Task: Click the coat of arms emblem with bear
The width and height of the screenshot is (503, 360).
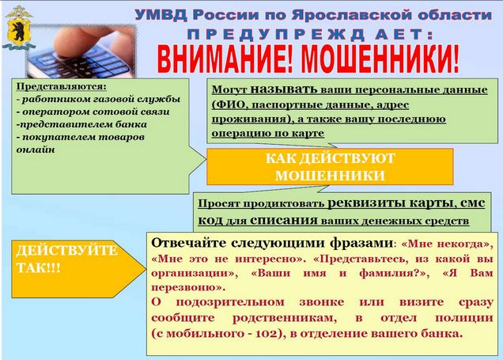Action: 18,28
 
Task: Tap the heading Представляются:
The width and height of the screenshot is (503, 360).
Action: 62,86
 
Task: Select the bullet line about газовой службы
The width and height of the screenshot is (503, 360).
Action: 98,99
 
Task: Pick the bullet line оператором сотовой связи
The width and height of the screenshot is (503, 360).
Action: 93,112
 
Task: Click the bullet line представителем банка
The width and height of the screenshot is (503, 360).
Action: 81,124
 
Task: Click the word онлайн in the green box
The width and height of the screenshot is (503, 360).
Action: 36,150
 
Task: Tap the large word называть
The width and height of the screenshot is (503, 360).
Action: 284,89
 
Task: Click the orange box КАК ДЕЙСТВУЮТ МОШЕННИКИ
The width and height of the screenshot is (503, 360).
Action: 330,166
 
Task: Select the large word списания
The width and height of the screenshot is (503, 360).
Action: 284,221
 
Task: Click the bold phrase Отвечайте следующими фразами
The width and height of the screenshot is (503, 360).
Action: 272,244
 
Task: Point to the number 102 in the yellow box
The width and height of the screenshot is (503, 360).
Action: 266,334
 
